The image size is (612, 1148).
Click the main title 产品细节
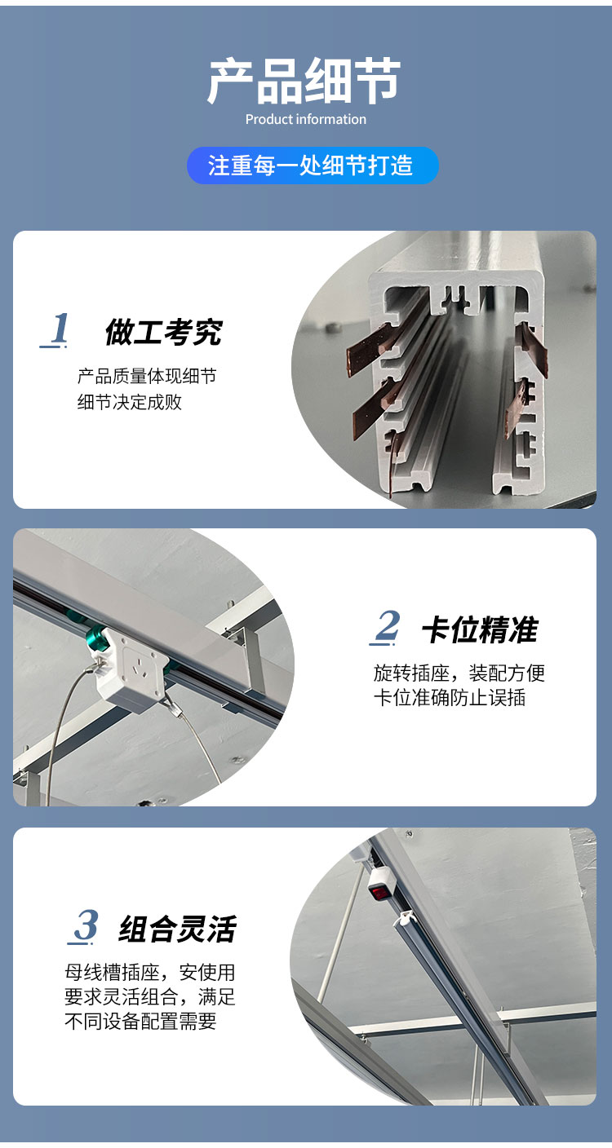[x=304, y=81]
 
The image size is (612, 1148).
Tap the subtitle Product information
[x=306, y=119]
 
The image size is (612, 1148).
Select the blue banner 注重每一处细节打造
[x=313, y=166]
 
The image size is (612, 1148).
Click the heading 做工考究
[x=164, y=332]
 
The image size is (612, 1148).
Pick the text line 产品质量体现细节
[x=147, y=376]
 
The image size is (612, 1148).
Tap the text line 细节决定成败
[x=130, y=402]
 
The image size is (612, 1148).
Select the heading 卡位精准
[x=480, y=630]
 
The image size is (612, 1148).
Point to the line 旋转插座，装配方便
[x=459, y=673]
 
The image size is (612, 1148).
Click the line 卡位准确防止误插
[x=450, y=698]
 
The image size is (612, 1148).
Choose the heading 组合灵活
[x=178, y=929]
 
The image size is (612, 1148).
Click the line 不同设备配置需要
[x=140, y=1022]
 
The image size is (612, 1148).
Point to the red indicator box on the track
[x=379, y=890]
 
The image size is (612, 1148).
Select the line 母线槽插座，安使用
[x=150, y=972]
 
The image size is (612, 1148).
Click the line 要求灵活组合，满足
[x=150, y=997]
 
